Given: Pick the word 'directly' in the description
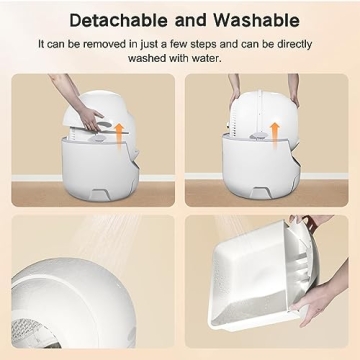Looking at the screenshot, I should click(297, 44).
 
